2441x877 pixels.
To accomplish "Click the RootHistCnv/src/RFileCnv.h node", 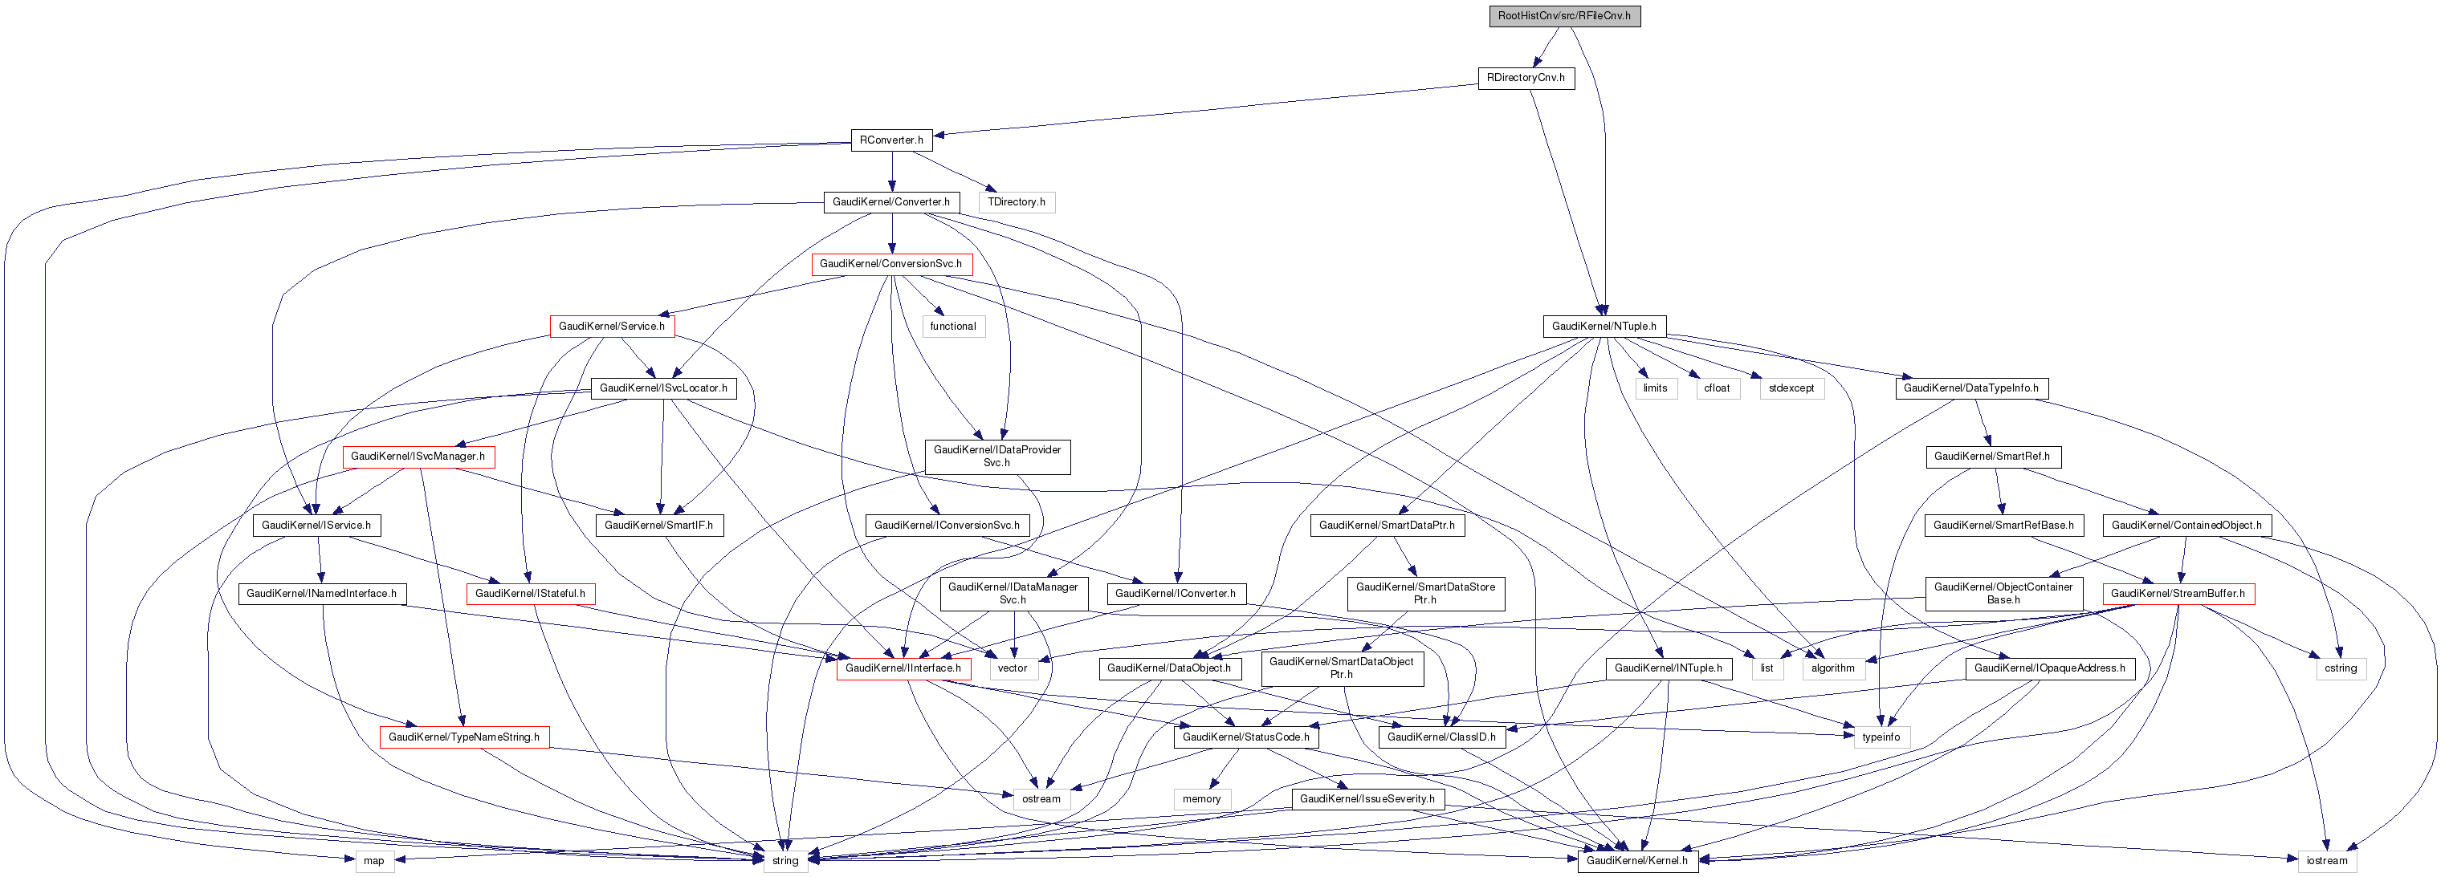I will point(1563,16).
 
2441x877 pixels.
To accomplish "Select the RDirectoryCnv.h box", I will point(1526,78).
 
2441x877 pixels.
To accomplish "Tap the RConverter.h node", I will point(890,140).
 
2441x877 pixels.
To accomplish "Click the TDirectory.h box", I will point(1016,201).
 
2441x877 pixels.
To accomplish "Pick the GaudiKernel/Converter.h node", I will point(890,201).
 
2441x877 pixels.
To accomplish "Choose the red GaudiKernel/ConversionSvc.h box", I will point(890,264).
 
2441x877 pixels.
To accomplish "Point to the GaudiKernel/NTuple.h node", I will point(1604,327).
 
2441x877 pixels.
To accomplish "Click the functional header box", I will point(952,327).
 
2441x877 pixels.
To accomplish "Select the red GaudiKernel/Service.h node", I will point(611,327).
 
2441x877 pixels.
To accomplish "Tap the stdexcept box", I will point(1791,388).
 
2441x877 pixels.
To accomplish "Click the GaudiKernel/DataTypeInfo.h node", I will point(1971,388).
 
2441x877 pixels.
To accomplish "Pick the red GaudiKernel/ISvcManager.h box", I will point(418,457).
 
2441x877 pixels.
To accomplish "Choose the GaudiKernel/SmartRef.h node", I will point(1992,457).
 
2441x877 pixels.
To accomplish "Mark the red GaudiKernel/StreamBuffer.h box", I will point(2178,594).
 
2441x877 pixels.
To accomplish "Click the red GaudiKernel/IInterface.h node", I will point(903,668).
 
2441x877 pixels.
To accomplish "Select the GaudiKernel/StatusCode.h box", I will point(1245,737).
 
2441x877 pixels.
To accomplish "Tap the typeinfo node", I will point(1881,737).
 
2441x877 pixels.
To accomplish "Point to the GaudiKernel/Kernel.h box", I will point(1636,861).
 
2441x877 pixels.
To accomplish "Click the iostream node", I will point(2326,861).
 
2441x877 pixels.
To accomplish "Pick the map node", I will point(374,861).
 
